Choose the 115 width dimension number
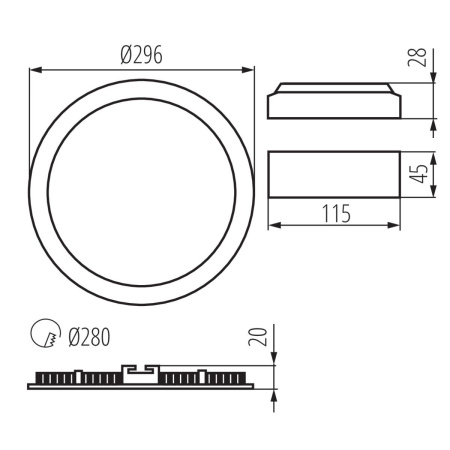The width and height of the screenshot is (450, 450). point(335,213)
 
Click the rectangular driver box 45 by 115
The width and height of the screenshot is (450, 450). point(335,177)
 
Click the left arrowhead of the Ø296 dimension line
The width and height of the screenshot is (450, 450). point(35,69)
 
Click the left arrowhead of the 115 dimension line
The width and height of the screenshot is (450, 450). point(274,226)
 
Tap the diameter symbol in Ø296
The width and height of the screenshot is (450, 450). point(124,56)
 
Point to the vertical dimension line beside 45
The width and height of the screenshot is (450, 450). point(434,177)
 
